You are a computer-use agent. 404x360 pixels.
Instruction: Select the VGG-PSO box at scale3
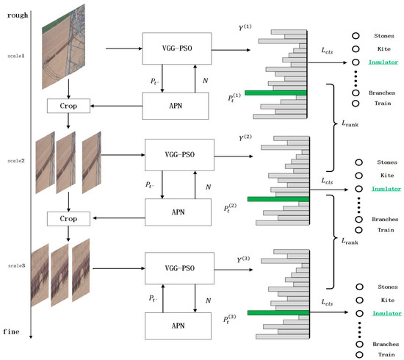[179, 264]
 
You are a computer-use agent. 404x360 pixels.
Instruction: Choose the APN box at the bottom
[179, 321]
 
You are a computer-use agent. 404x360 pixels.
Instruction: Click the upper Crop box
[68, 106]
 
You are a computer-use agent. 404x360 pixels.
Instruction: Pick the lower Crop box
[68, 218]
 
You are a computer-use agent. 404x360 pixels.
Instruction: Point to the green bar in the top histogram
[275, 93]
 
